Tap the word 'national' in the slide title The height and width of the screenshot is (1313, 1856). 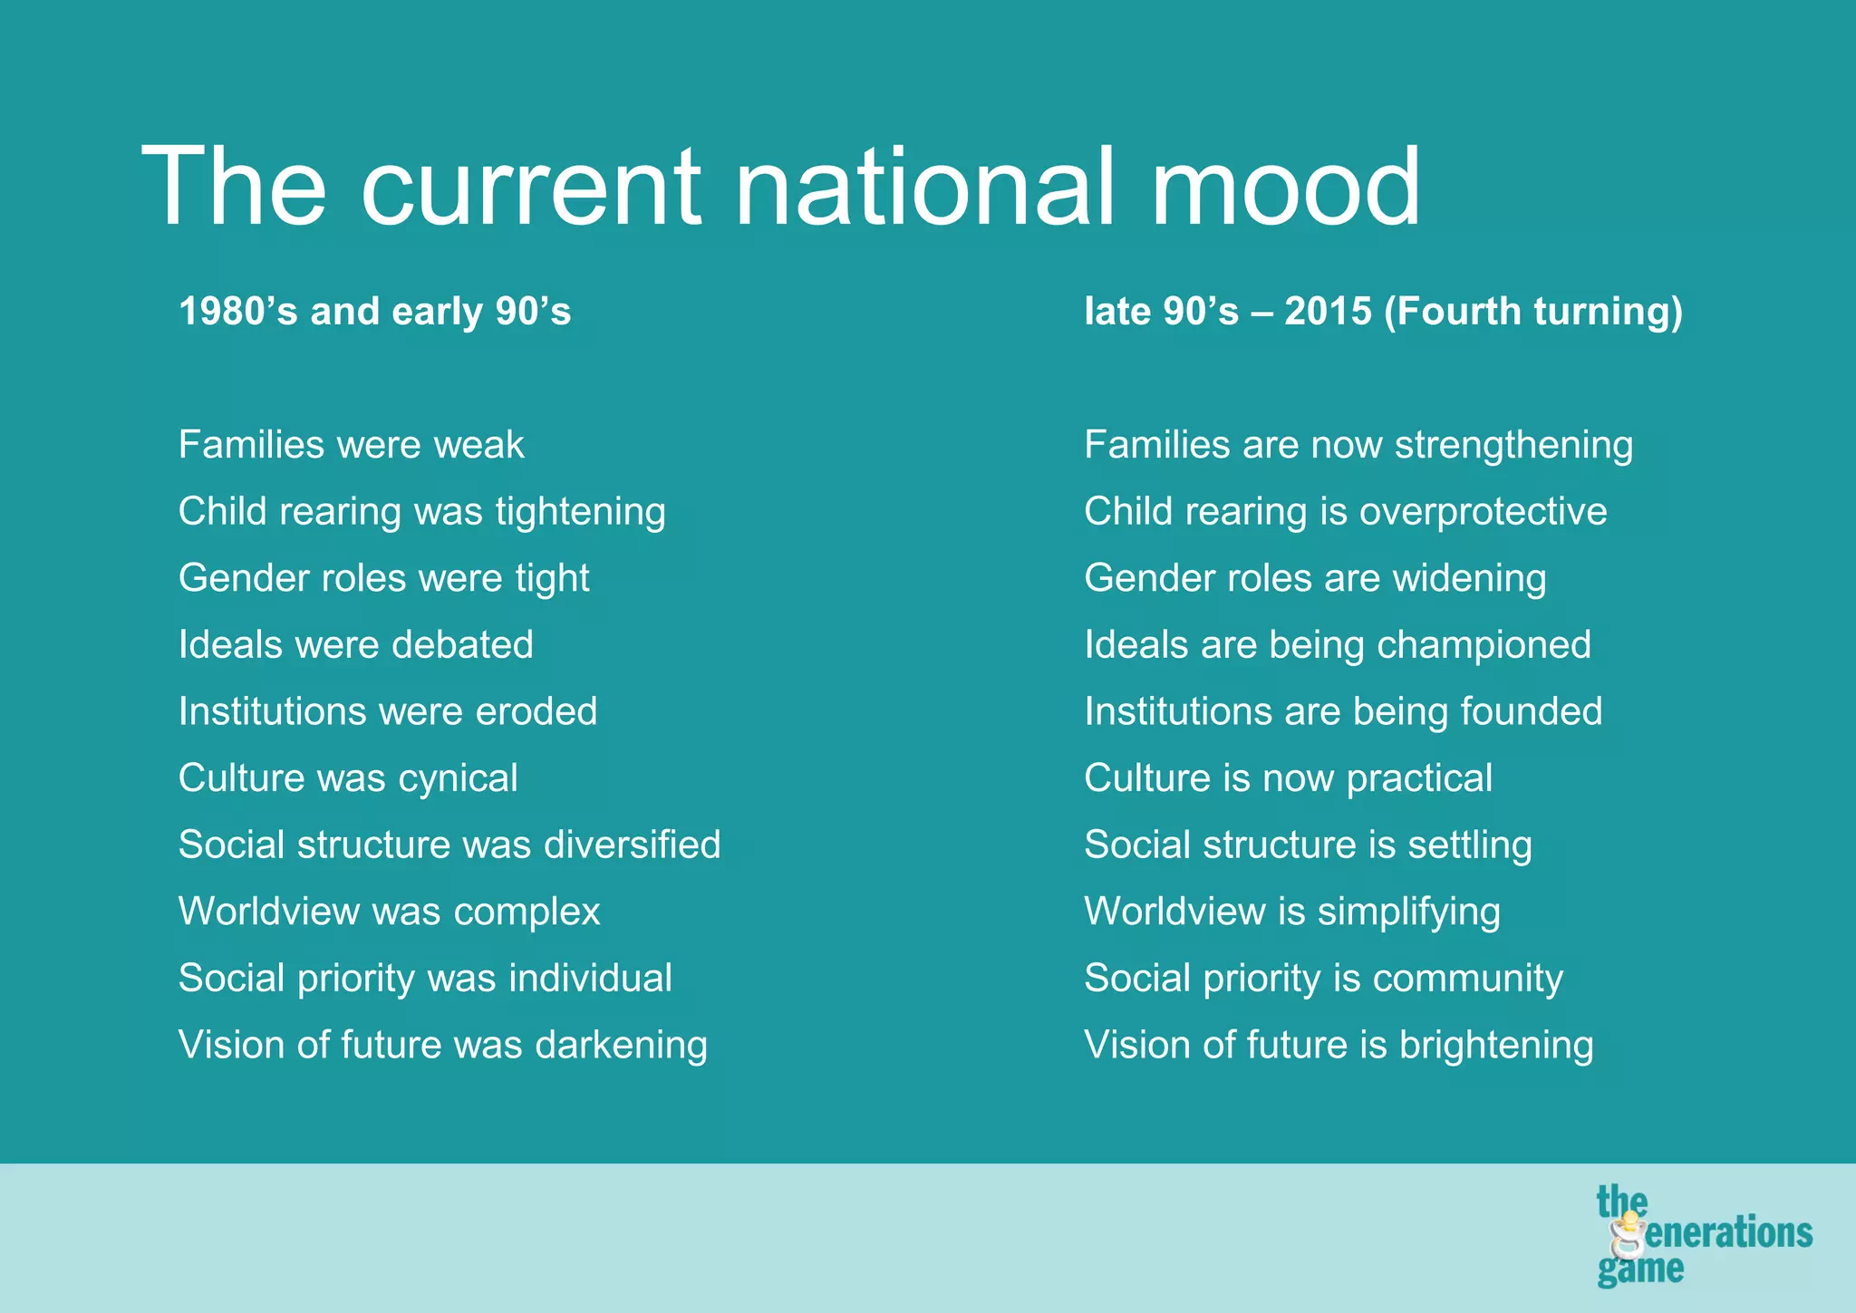[x=924, y=188]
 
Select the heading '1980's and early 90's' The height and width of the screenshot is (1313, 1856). [x=374, y=312]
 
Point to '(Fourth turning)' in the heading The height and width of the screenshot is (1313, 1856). [x=1533, y=312]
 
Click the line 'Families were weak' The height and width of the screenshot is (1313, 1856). [x=352, y=445]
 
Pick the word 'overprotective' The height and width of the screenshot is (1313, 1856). [x=1483, y=512]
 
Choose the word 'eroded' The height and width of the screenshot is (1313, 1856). [x=536, y=711]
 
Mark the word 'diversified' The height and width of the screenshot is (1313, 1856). [x=632, y=845]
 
